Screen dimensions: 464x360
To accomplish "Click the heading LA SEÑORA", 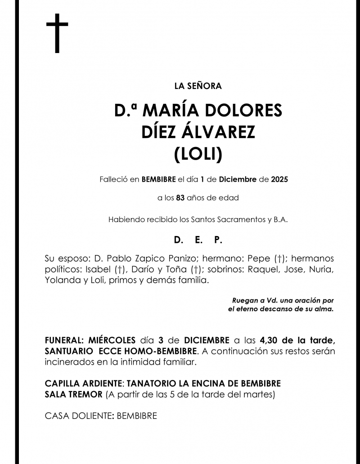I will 198,86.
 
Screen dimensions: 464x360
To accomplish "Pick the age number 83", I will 180,197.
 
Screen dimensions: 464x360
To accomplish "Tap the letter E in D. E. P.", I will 198,241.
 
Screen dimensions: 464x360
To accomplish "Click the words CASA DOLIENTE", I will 79,416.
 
